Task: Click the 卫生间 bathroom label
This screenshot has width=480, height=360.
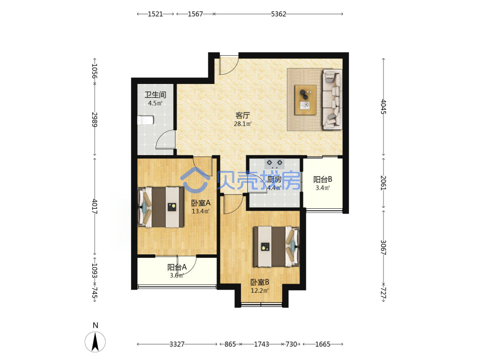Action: pos(156,95)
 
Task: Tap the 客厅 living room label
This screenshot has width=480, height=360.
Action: pos(243,115)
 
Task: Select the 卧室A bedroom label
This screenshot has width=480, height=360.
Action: pos(201,203)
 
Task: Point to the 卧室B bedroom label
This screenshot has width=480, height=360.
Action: pos(260,282)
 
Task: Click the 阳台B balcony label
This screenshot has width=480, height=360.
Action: pos(323,180)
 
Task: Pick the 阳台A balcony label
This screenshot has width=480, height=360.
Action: pos(177,267)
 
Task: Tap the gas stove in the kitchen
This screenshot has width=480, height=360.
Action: pos(274,164)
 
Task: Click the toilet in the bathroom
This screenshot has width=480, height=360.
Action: pos(145,120)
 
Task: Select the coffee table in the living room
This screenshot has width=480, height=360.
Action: pos(305,100)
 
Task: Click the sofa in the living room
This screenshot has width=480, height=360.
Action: pos(333,99)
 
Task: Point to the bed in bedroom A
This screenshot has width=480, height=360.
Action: pos(161,207)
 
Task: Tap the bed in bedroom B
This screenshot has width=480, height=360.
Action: pos(276,246)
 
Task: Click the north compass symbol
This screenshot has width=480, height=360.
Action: pos(95,341)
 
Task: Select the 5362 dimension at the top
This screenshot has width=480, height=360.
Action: pos(278,14)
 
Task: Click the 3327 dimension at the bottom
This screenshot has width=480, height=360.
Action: pos(177,344)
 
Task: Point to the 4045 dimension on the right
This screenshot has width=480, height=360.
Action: pos(384,107)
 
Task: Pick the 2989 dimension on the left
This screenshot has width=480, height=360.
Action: pos(95,120)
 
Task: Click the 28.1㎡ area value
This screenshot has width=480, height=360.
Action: pos(243,124)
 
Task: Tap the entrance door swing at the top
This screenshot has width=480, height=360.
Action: pos(229,65)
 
